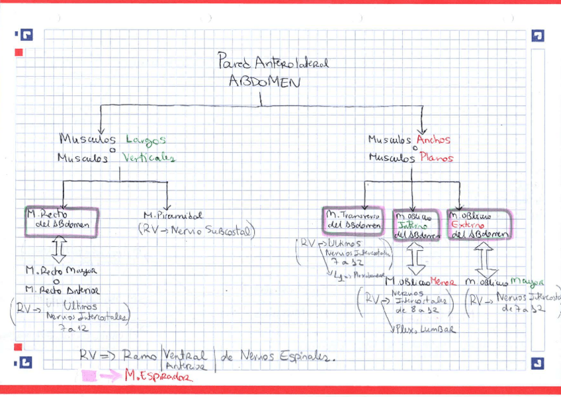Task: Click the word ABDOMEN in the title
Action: coord(264,82)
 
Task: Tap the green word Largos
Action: coord(142,140)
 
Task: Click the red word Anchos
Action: coord(434,140)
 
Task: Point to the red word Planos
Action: coord(436,158)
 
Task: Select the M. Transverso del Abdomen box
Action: coord(354,220)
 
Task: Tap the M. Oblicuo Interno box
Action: coord(415,224)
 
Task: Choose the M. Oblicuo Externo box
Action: coord(478,224)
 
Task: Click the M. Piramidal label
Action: coord(173,216)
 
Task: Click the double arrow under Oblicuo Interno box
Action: coord(416,259)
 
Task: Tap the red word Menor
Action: coord(441,282)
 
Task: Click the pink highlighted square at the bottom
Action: coord(88,376)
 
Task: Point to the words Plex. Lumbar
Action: coord(419,329)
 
